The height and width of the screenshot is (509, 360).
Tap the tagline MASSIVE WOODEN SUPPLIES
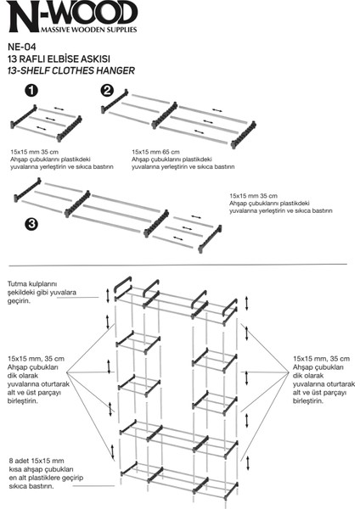(x=88, y=30)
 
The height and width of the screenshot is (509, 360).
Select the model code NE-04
(x=22, y=47)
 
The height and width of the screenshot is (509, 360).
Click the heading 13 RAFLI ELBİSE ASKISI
(x=59, y=59)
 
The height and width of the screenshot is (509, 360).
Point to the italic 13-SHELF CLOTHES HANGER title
(x=70, y=70)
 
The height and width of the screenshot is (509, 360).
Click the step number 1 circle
(x=31, y=91)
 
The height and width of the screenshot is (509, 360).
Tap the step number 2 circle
(x=107, y=90)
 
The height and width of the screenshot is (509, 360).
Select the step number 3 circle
(x=31, y=224)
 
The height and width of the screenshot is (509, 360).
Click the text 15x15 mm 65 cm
(x=155, y=152)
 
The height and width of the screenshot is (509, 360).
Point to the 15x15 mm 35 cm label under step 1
(x=35, y=152)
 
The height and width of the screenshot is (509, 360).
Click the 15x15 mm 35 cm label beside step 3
(x=253, y=196)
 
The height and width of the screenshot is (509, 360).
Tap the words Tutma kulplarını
(x=32, y=283)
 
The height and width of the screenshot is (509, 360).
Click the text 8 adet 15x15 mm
(x=37, y=461)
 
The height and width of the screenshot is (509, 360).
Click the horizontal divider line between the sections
(x=177, y=265)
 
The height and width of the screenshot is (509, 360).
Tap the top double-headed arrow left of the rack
(x=108, y=295)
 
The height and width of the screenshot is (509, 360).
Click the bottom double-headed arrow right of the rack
(x=248, y=463)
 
